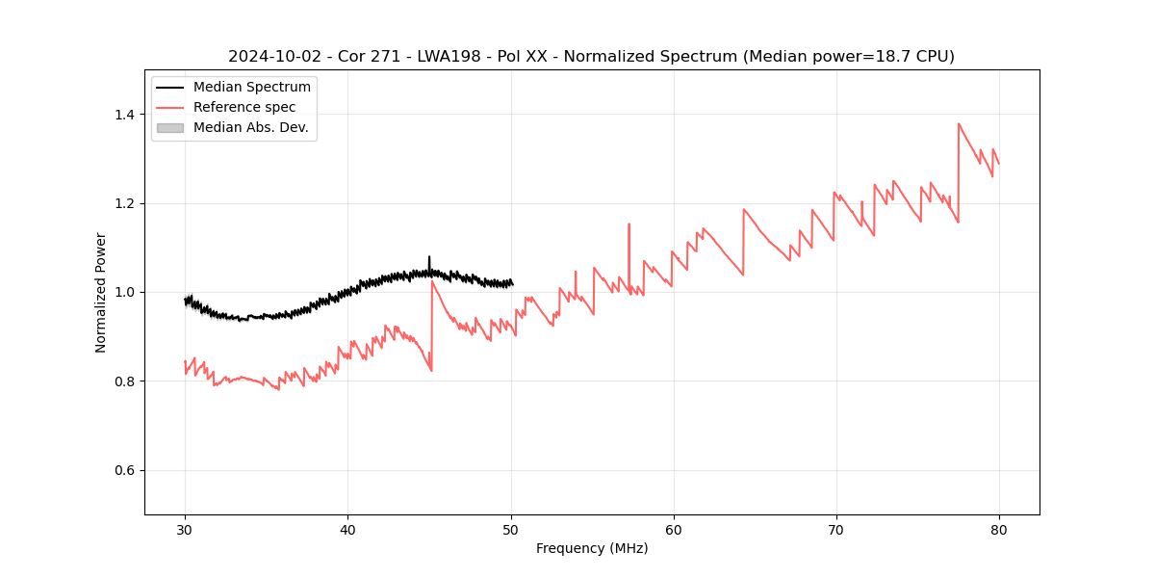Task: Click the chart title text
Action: pyautogui.click(x=591, y=57)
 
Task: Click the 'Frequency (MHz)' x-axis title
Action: pyautogui.click(x=592, y=548)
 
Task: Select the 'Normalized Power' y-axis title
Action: pyautogui.click(x=100, y=292)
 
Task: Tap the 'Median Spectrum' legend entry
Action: pyautogui.click(x=251, y=87)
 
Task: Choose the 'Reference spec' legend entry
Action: pyautogui.click(x=244, y=107)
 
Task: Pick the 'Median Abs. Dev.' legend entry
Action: pyautogui.click(x=250, y=127)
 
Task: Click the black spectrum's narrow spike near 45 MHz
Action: pyautogui.click(x=429, y=258)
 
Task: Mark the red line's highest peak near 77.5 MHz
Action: pyautogui.click(x=959, y=124)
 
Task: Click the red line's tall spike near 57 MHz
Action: pyautogui.click(x=629, y=225)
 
